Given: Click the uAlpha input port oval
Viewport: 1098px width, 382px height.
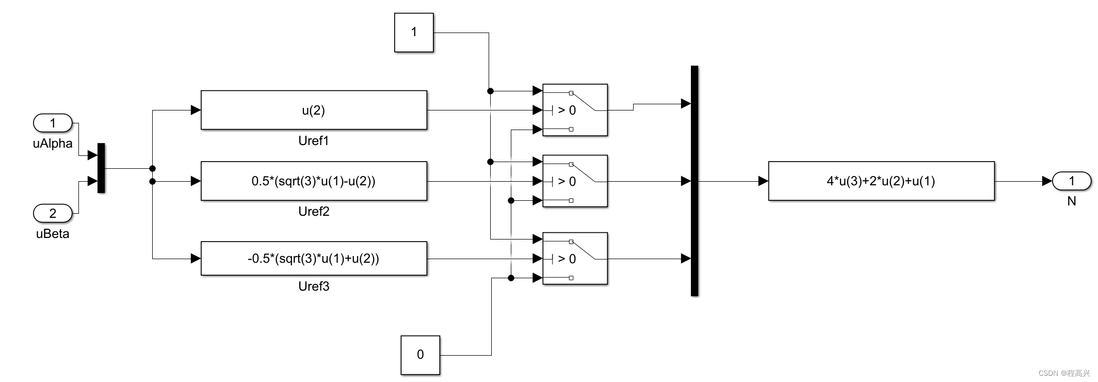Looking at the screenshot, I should click(x=53, y=123).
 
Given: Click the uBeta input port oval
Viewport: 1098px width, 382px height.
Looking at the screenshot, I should click(x=53, y=213).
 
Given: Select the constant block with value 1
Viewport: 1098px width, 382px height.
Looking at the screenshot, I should click(x=414, y=33).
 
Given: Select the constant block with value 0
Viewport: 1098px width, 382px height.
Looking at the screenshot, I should click(x=420, y=355).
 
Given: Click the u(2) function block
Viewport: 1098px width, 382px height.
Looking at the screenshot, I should click(x=314, y=110).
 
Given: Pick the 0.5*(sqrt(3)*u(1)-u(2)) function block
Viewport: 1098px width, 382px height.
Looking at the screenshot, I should click(x=314, y=181).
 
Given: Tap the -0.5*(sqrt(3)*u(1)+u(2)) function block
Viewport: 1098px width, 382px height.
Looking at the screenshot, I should click(x=314, y=259).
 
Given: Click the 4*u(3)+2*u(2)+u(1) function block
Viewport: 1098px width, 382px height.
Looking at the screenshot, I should click(x=881, y=181).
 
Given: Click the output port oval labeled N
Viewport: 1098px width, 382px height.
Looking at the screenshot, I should click(x=1072, y=181).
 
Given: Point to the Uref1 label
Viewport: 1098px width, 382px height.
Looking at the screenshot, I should click(x=314, y=141).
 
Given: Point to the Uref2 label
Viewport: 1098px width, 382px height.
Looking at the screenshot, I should click(x=314, y=212).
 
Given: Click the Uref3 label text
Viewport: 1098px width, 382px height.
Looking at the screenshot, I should click(x=314, y=286).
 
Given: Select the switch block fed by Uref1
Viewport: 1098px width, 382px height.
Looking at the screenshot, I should click(x=575, y=110).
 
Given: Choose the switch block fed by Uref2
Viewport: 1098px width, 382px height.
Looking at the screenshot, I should click(x=575, y=181).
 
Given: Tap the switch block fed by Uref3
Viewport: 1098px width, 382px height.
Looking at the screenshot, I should click(x=575, y=259).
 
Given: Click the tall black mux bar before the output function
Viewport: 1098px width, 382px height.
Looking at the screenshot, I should click(x=695, y=181).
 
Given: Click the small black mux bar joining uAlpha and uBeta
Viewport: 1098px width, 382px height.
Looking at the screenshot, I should click(x=101, y=168).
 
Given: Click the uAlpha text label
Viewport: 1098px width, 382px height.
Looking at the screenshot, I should click(x=53, y=144).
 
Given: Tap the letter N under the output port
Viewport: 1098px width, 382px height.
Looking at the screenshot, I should click(x=1072, y=201).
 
